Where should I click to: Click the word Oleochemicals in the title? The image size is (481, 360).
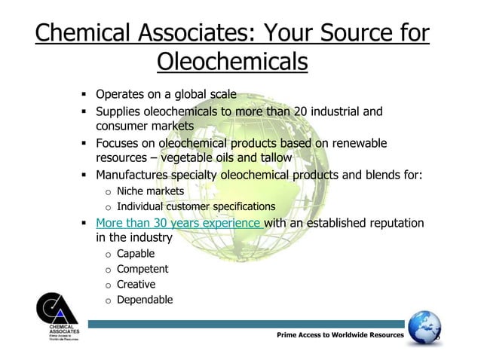[x=232, y=62]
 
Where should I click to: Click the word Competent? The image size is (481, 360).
[x=142, y=269]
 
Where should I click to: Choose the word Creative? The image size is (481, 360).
[x=136, y=284]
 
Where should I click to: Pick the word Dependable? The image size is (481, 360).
[x=145, y=300]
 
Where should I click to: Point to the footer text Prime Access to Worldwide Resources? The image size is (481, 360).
[x=340, y=334]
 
